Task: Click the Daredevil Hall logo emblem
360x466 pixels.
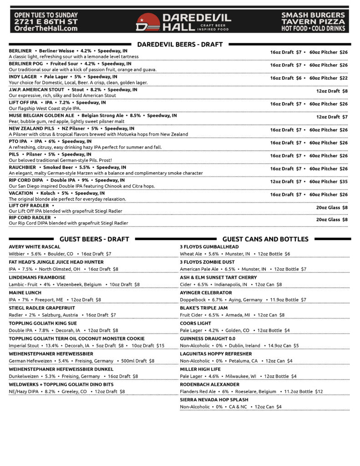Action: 148,22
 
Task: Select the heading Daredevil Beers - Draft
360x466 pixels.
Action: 180,44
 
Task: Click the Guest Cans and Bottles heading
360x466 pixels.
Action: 265,239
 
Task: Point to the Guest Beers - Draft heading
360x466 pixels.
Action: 94,239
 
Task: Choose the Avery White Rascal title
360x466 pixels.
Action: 34,247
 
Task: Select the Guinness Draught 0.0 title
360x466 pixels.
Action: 208,339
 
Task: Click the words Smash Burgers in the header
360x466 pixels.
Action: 313,15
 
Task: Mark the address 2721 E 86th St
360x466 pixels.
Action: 46,21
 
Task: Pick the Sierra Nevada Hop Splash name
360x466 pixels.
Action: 214,400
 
